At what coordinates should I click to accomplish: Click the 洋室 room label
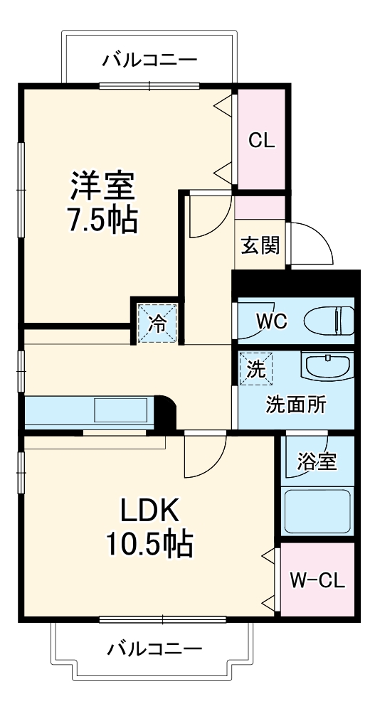pyautogui.click(x=102, y=187)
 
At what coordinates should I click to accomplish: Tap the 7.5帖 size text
pyautogui.click(x=102, y=222)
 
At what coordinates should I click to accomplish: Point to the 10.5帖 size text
pyautogui.click(x=148, y=545)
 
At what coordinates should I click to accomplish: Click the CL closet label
pyautogui.click(x=261, y=140)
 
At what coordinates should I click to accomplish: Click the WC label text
pyautogui.click(x=272, y=321)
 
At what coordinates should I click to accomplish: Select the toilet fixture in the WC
pyautogui.click(x=329, y=321)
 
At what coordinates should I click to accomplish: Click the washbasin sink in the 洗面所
pyautogui.click(x=327, y=367)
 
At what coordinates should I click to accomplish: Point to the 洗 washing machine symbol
pyautogui.click(x=254, y=368)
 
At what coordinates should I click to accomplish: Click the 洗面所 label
pyautogui.click(x=296, y=404)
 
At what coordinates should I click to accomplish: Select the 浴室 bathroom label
pyautogui.click(x=317, y=461)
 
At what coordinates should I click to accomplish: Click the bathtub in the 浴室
pyautogui.click(x=317, y=510)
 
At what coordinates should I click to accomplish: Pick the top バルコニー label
pyautogui.click(x=149, y=59)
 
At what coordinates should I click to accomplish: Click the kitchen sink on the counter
pyautogui.click(x=120, y=411)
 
